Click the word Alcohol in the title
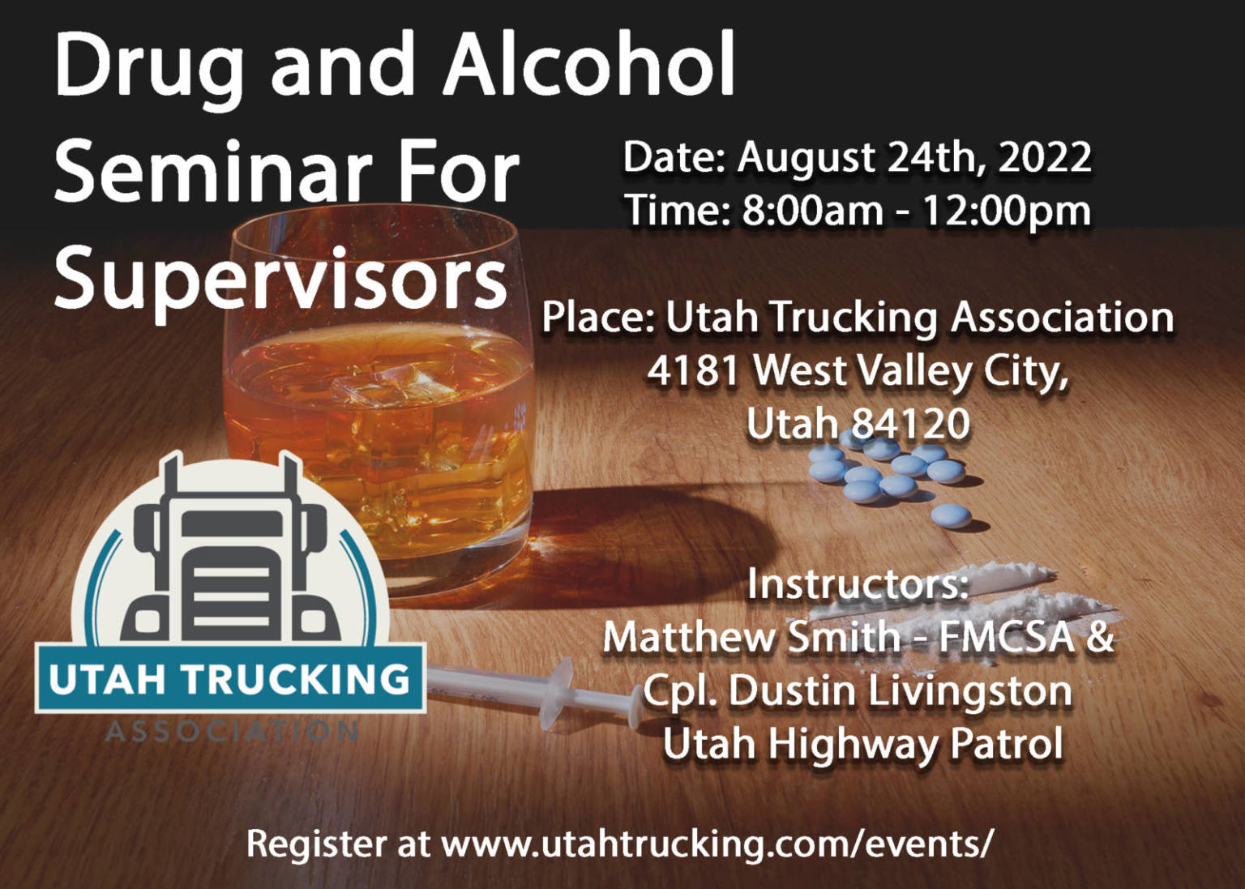coord(588,65)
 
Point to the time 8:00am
coord(812,211)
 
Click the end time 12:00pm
coord(1006,211)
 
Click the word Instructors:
coord(858,583)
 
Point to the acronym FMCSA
coord(1006,637)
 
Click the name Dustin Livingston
coord(900,691)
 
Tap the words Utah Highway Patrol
coord(862,744)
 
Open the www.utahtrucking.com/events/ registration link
coord(717,844)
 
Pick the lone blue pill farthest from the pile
coord(950,515)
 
